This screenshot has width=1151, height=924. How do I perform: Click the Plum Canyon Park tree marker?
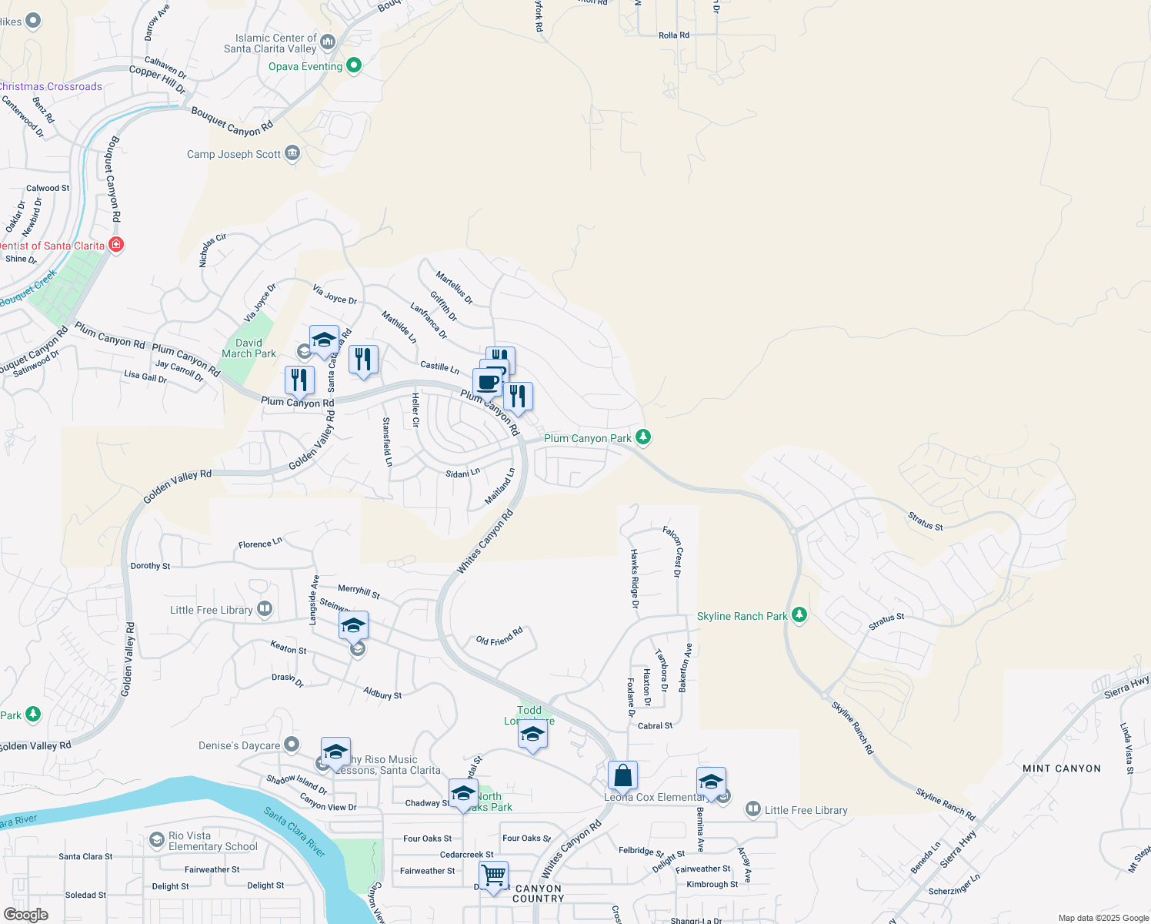(643, 437)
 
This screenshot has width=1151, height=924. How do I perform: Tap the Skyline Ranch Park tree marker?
(799, 614)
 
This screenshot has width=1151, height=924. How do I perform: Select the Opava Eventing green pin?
(354, 65)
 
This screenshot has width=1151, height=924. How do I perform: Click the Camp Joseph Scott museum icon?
(292, 153)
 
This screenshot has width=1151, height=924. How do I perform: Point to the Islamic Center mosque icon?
(328, 42)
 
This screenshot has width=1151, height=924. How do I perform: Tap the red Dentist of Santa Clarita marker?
(116, 245)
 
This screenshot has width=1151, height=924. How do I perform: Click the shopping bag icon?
(622, 775)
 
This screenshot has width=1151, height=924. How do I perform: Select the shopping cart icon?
(493, 875)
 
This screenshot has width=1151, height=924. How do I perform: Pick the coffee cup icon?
(487, 382)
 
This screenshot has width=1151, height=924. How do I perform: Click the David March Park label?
(249, 349)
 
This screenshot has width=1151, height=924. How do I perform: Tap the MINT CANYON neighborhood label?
(1062, 768)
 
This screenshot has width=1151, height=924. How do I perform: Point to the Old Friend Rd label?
(499, 636)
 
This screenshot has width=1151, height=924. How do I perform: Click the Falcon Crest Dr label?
(672, 551)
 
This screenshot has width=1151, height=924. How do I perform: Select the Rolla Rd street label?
(674, 35)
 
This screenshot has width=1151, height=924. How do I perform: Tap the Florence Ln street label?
(260, 544)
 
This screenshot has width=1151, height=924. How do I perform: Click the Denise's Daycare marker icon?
(292, 745)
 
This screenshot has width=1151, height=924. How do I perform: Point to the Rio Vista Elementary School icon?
(157, 839)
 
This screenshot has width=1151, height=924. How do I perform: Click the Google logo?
(26, 915)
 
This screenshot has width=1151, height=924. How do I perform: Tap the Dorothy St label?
(151, 566)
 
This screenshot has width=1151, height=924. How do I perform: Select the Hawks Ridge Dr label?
(635, 578)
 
